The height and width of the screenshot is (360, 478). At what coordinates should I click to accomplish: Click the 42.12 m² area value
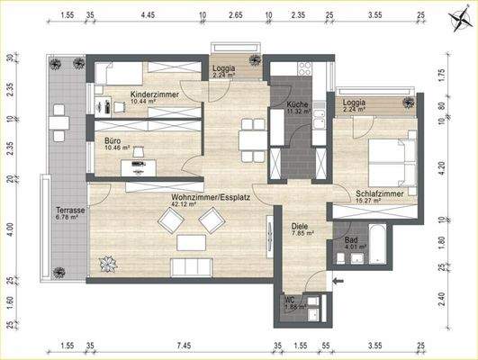click(x=184, y=203)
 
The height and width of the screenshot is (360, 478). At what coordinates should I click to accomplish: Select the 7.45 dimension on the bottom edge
click(x=184, y=345)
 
